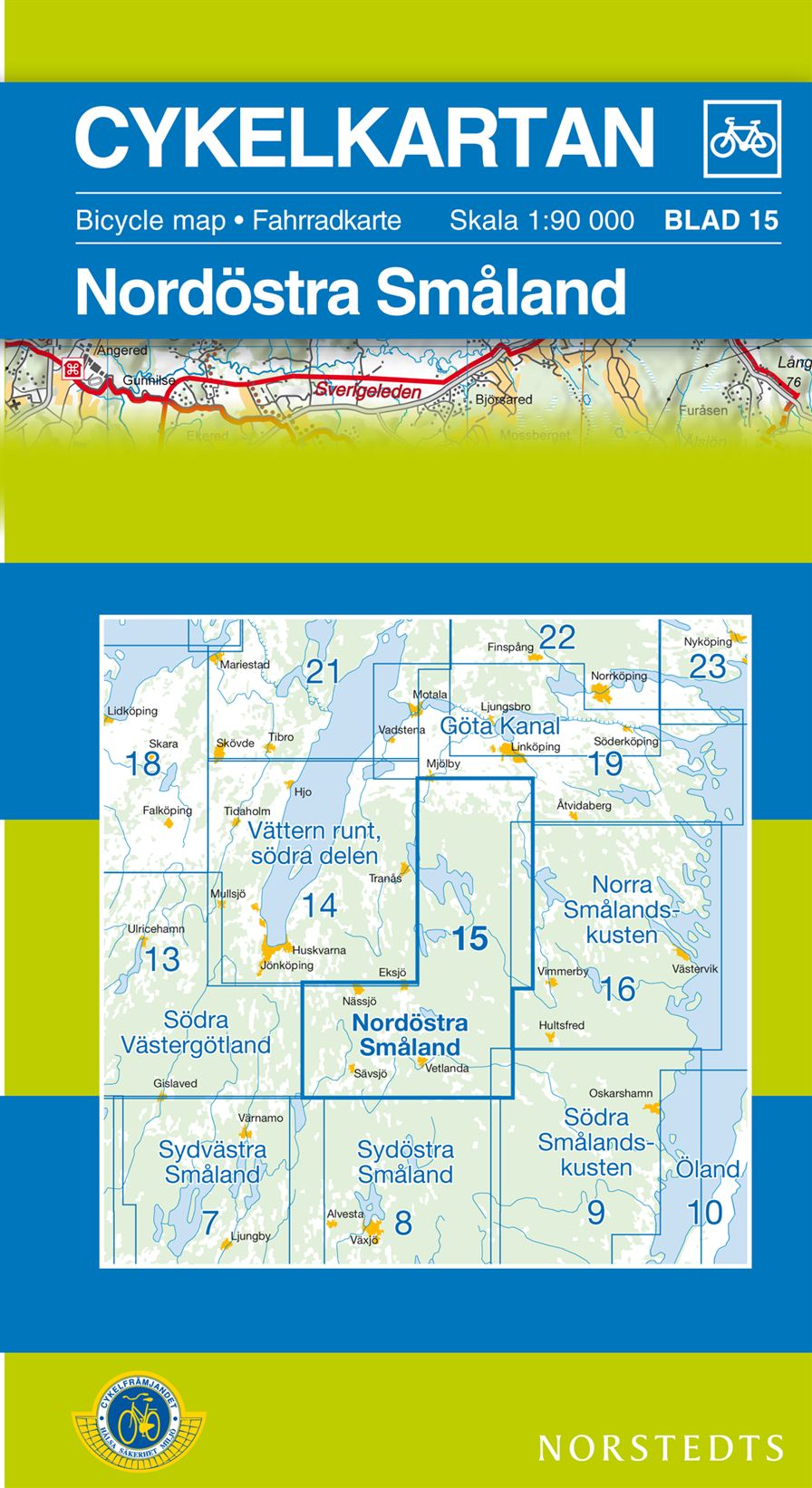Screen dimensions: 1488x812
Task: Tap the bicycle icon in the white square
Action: (x=742, y=139)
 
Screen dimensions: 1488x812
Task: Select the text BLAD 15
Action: (x=721, y=220)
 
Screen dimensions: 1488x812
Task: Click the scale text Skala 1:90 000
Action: (x=541, y=220)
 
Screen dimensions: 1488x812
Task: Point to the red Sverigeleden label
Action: (x=369, y=392)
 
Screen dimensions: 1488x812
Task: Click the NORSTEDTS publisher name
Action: (x=661, y=1447)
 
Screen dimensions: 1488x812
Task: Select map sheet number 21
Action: (x=323, y=672)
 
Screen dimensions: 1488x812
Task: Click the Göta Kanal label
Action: (x=500, y=726)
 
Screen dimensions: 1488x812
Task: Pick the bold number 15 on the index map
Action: (x=470, y=939)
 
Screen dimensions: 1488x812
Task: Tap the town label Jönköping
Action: (x=286, y=965)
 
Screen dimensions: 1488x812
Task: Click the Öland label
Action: (x=708, y=1169)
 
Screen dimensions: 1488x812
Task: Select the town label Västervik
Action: (x=695, y=968)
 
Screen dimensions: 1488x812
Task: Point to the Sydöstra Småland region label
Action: (x=405, y=1162)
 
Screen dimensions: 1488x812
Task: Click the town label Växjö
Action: (x=363, y=1240)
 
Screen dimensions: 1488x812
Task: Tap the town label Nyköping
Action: (x=709, y=642)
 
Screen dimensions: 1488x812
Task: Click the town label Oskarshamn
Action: (x=621, y=1093)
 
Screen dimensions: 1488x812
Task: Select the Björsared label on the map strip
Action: (x=503, y=399)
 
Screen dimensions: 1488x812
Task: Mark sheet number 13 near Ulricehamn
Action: (x=163, y=958)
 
